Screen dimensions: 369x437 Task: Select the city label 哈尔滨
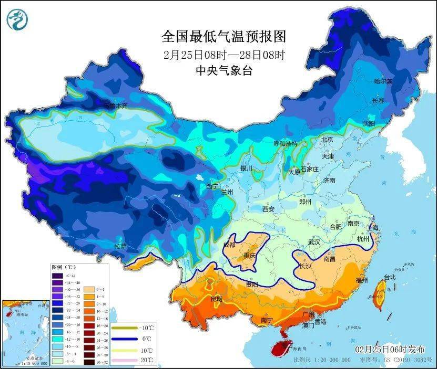383,81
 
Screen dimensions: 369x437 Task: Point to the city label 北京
327,140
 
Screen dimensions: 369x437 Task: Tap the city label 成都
230,244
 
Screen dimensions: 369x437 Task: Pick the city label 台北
389,277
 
